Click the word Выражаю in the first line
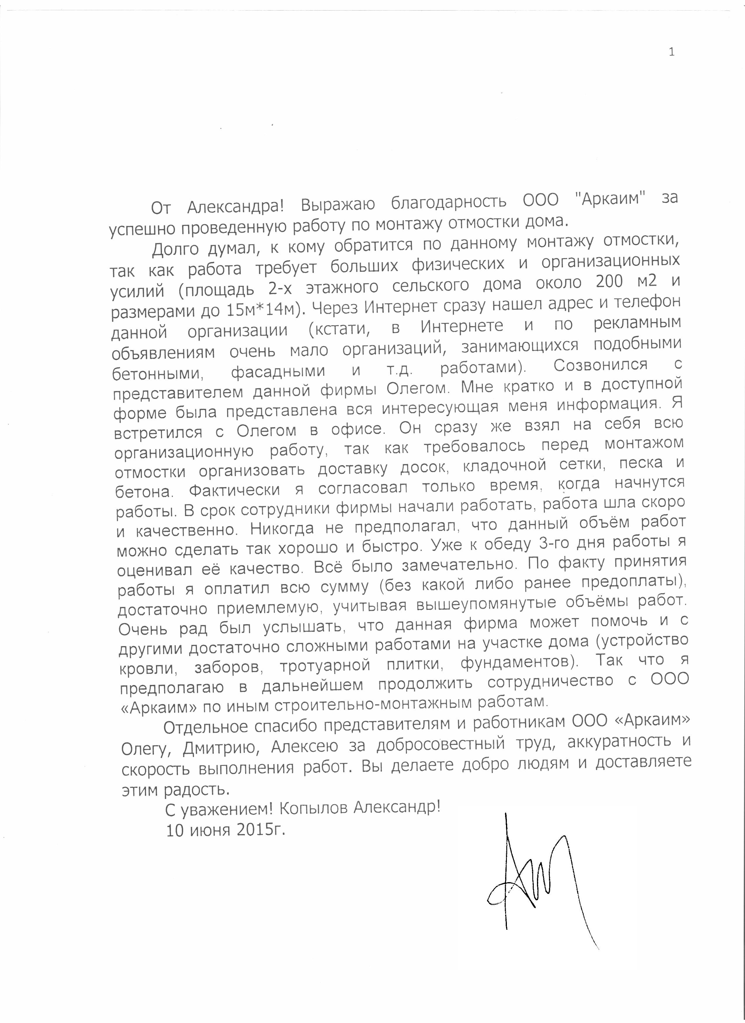click(338, 204)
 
